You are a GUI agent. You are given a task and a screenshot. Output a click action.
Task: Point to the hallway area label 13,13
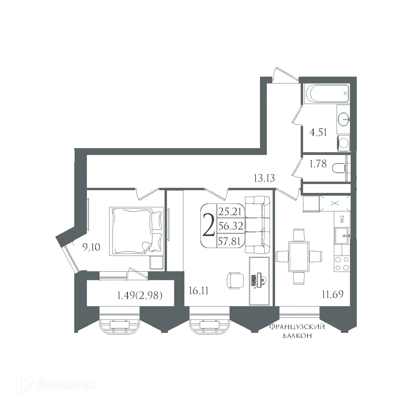(x=264, y=178)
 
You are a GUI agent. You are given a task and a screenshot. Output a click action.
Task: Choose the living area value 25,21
(x=230, y=212)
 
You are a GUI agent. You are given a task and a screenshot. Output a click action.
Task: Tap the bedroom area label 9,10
(x=91, y=247)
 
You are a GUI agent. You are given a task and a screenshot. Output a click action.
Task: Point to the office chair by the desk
(x=235, y=280)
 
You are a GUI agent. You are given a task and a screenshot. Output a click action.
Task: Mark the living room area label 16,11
(x=199, y=291)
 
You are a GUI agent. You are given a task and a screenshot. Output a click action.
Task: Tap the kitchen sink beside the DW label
(x=342, y=235)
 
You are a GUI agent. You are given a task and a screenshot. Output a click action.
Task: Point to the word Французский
(x=297, y=327)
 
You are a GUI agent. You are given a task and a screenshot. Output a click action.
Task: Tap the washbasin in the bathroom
(x=343, y=119)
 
